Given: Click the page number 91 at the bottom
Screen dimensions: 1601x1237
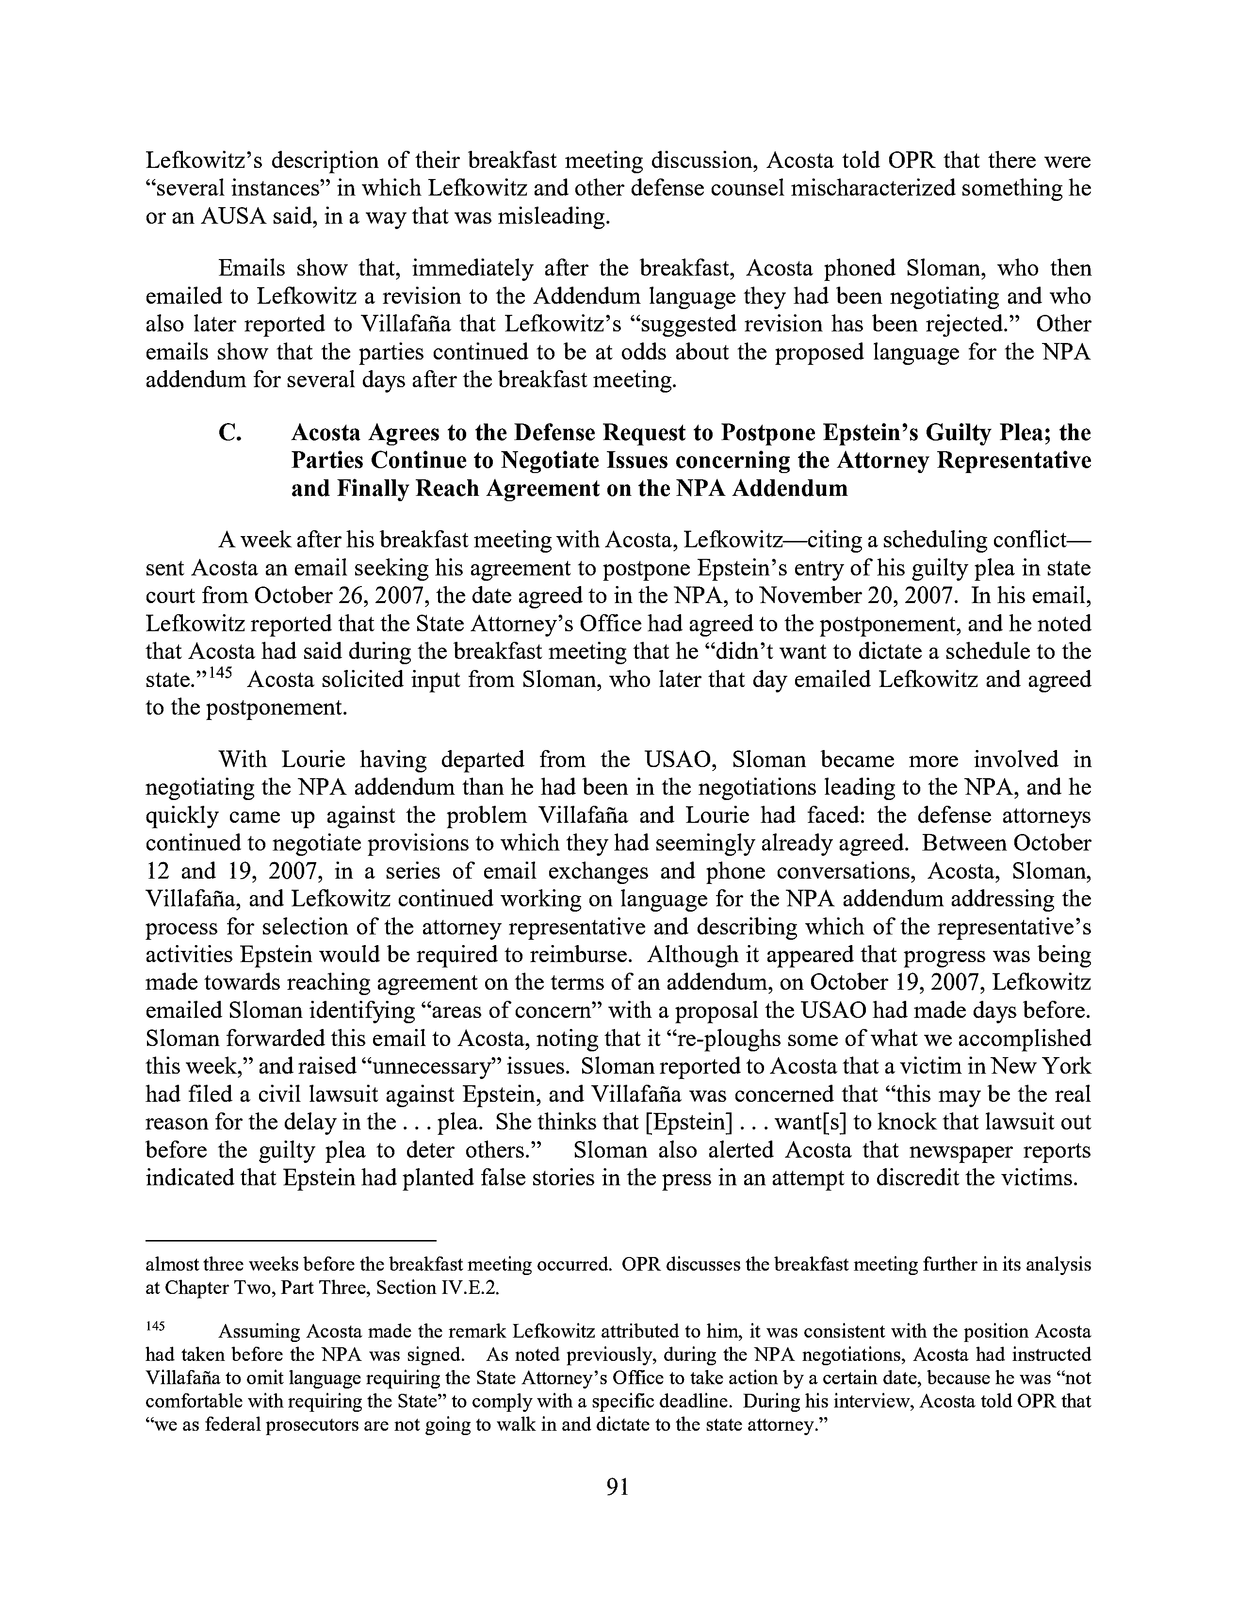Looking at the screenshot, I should click(x=618, y=1486).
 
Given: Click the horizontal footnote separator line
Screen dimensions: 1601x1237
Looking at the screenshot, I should click(x=291, y=1241).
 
